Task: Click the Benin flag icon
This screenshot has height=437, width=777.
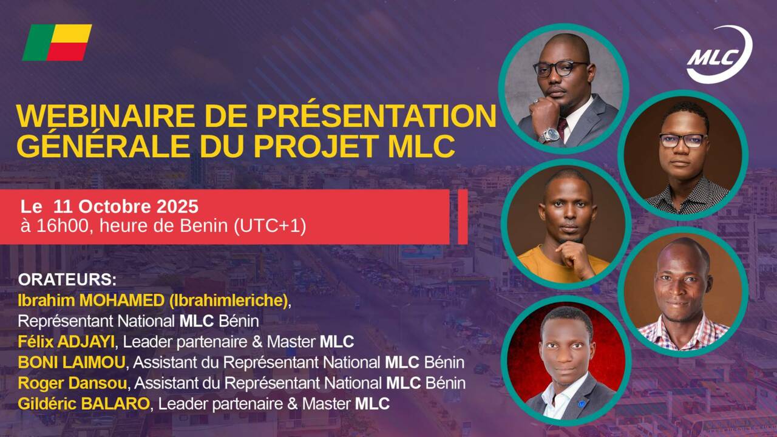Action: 57,42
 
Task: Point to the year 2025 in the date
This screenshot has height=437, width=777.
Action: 178,207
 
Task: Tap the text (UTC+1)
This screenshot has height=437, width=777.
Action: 270,226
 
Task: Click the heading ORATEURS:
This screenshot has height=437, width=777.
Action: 67,280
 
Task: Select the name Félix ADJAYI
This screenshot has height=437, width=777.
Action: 66,342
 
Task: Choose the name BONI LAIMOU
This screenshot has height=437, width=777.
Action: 72,363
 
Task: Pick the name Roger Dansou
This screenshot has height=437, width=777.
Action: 72,383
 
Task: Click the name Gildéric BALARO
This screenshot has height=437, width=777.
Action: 84,404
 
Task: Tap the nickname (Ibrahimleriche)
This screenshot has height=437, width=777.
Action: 229,300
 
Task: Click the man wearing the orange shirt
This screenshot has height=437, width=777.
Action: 565,225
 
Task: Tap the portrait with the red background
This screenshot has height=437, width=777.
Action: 565,361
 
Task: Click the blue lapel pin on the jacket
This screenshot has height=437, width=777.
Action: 582,403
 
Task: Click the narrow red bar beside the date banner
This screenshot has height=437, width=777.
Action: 463,217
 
